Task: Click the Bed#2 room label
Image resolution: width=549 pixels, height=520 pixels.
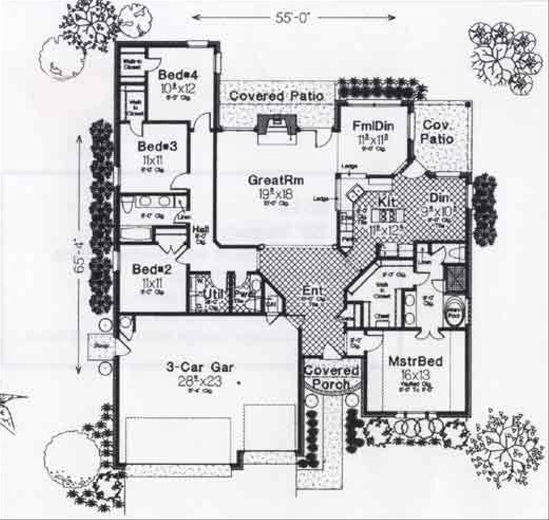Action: [149, 269]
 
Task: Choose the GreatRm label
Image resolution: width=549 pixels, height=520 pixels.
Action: [276, 180]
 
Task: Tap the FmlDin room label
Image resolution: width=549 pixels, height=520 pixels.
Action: [374, 127]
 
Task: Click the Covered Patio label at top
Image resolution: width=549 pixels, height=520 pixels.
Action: [277, 96]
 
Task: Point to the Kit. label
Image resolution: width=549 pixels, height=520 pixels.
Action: [387, 202]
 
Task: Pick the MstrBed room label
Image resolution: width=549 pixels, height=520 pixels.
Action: [416, 362]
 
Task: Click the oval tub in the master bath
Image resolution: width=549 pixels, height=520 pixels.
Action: [455, 311]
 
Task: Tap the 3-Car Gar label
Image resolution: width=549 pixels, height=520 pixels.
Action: [199, 368]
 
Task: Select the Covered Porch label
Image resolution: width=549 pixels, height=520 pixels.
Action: [331, 377]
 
